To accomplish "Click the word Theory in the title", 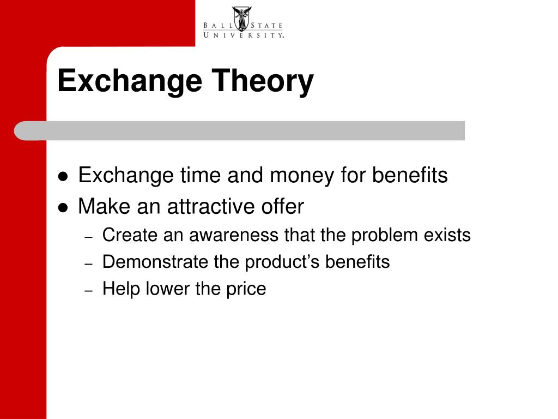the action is point(263,82).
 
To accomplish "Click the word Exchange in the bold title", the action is point(130,82).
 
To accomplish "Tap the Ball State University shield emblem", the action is point(242,19).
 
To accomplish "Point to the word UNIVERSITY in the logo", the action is point(244,35).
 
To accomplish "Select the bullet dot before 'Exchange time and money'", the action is point(63,176).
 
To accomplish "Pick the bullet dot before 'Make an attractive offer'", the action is point(63,207).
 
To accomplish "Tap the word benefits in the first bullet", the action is point(410,175).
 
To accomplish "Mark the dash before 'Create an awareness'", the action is point(89,237).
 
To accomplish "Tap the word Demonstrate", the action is point(155,262).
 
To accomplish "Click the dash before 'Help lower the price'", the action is point(89,290).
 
